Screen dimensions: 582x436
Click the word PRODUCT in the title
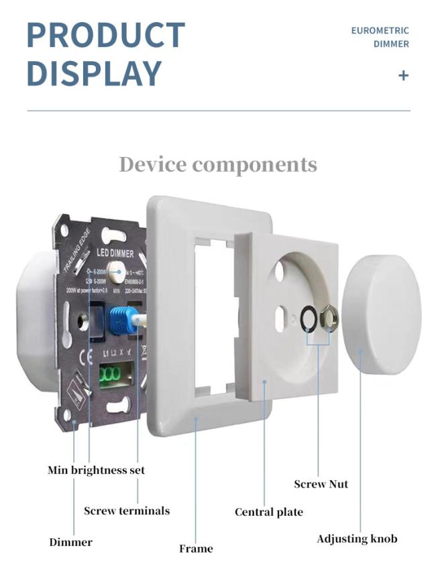(106, 35)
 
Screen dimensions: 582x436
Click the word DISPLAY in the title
(94, 73)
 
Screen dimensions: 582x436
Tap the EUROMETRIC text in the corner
(380, 31)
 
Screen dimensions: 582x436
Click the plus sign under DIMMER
(403, 75)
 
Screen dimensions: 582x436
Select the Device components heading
(218, 164)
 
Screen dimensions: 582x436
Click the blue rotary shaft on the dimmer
(121, 319)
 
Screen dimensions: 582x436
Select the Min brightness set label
(96, 470)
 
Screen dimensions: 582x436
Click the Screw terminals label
(127, 511)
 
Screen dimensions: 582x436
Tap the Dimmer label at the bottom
(70, 542)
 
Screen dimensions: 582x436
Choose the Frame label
(196, 548)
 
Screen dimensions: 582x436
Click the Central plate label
(268, 512)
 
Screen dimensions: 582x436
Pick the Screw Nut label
(321, 483)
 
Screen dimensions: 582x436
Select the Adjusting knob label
(357, 539)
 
